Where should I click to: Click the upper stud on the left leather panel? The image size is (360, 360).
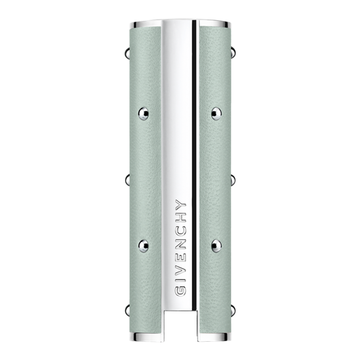[143, 113]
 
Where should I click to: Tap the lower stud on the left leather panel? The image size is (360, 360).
[143, 245]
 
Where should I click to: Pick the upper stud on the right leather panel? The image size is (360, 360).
[216, 113]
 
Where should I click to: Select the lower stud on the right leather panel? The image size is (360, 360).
[216, 245]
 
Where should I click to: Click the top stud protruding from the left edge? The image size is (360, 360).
[127, 53]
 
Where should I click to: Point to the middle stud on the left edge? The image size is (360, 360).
[127, 180]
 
